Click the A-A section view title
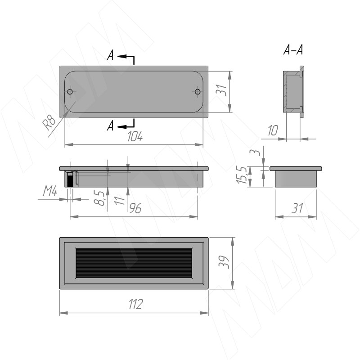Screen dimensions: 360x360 (x=293, y=50)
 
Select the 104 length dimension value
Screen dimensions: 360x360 (x=135, y=137)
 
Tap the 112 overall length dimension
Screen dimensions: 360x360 (x=136, y=304)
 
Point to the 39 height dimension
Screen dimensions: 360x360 (x=224, y=262)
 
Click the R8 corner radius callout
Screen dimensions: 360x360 (x=49, y=122)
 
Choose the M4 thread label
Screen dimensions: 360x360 (x=50, y=191)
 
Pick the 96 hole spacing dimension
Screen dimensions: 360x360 (x=135, y=208)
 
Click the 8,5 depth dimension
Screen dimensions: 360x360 (x=99, y=198)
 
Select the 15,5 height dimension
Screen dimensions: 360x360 (x=242, y=175)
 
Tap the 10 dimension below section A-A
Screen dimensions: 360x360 (x=273, y=130)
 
